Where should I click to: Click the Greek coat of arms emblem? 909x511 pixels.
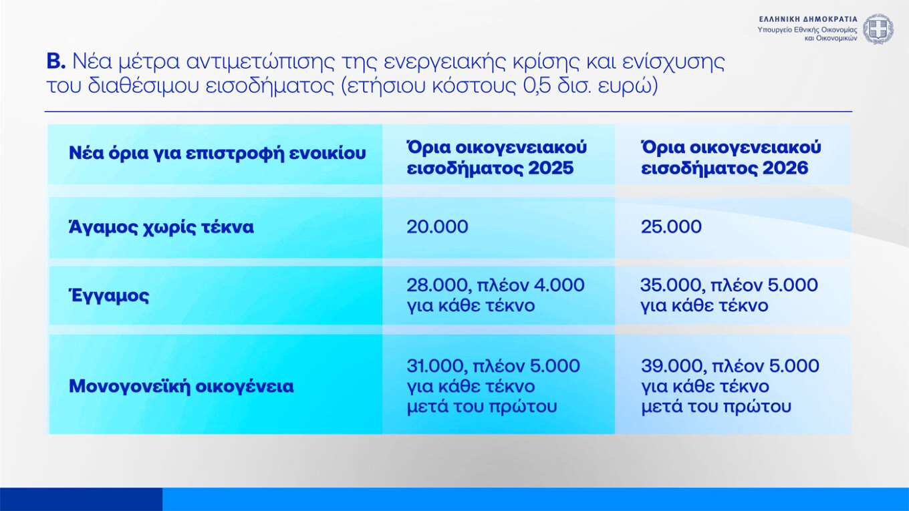point(878,29)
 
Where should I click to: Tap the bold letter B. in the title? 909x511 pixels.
point(55,62)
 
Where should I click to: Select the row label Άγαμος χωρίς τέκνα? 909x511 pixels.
point(161,227)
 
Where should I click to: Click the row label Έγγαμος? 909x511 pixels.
point(109,295)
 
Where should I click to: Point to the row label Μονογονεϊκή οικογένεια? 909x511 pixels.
point(181,386)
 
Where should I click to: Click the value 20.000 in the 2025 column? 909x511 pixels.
point(437,226)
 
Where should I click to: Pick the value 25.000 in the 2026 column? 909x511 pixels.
point(671,226)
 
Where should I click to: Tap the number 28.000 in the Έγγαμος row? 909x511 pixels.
point(437,285)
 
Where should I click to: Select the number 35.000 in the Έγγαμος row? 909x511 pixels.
point(671,285)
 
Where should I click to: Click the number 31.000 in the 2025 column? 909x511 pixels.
point(437,366)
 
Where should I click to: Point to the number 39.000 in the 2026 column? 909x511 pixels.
point(671,366)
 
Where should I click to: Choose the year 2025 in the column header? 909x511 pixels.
point(551,168)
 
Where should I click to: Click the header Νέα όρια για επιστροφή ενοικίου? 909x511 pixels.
point(217,153)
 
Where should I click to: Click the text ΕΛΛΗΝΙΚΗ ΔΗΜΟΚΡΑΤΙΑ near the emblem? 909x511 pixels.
point(808,19)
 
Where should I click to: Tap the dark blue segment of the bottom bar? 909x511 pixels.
point(81,499)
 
